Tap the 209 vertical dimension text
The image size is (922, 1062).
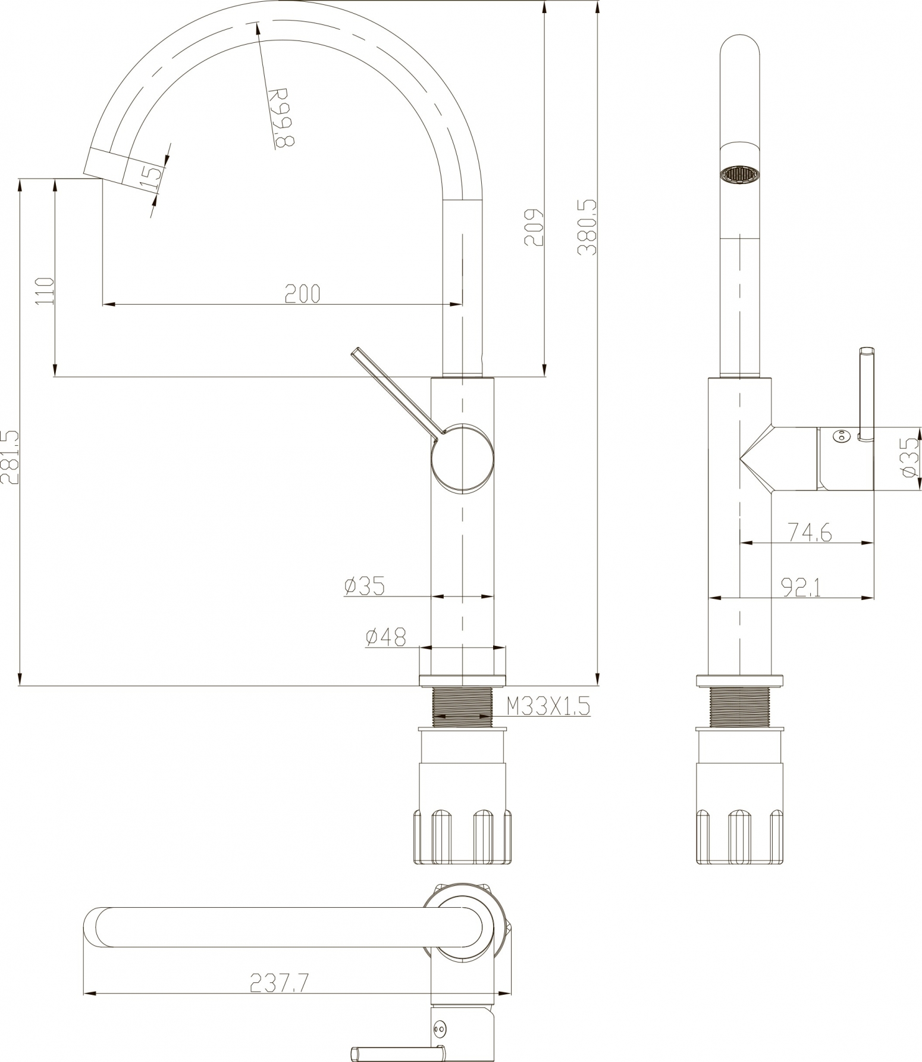click(534, 227)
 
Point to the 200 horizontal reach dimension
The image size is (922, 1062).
click(302, 293)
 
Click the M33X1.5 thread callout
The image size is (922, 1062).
click(548, 707)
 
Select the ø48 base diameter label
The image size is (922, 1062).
click(385, 638)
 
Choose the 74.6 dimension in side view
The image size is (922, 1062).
click(809, 532)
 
